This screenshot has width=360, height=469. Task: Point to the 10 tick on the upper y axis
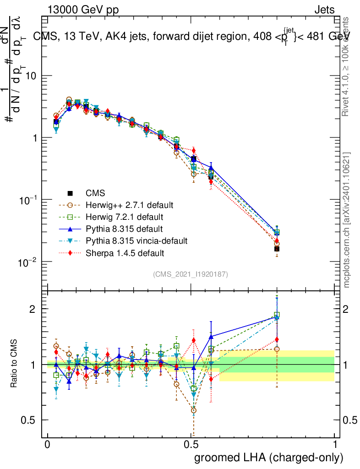tap(33, 76)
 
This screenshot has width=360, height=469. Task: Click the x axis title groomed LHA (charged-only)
tap(269, 458)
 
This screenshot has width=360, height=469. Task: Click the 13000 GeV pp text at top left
tap(82, 10)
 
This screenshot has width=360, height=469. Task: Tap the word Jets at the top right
tap(324, 10)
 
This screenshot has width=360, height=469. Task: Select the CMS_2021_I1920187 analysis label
tap(191, 274)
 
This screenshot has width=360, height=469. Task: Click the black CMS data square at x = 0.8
tap(277, 249)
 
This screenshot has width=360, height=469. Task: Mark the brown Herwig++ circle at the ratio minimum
tap(194, 410)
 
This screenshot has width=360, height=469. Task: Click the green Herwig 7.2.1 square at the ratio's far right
tap(277, 315)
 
